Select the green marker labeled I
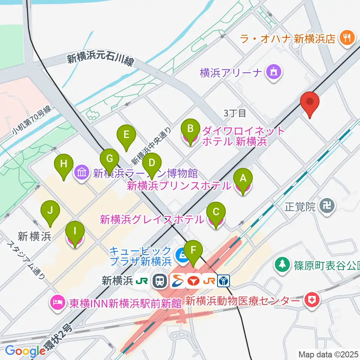point(75,235)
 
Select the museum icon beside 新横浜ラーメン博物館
point(82,173)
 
